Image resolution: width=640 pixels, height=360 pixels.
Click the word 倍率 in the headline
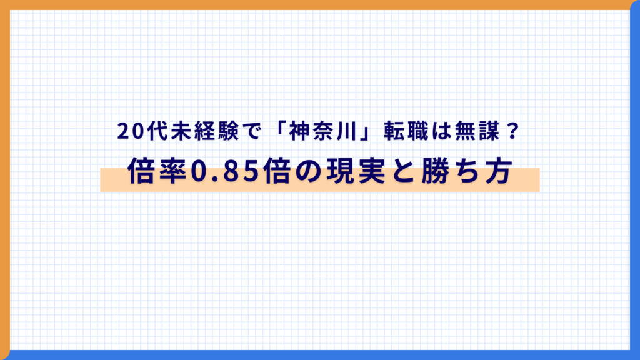pyautogui.click(x=157, y=171)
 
